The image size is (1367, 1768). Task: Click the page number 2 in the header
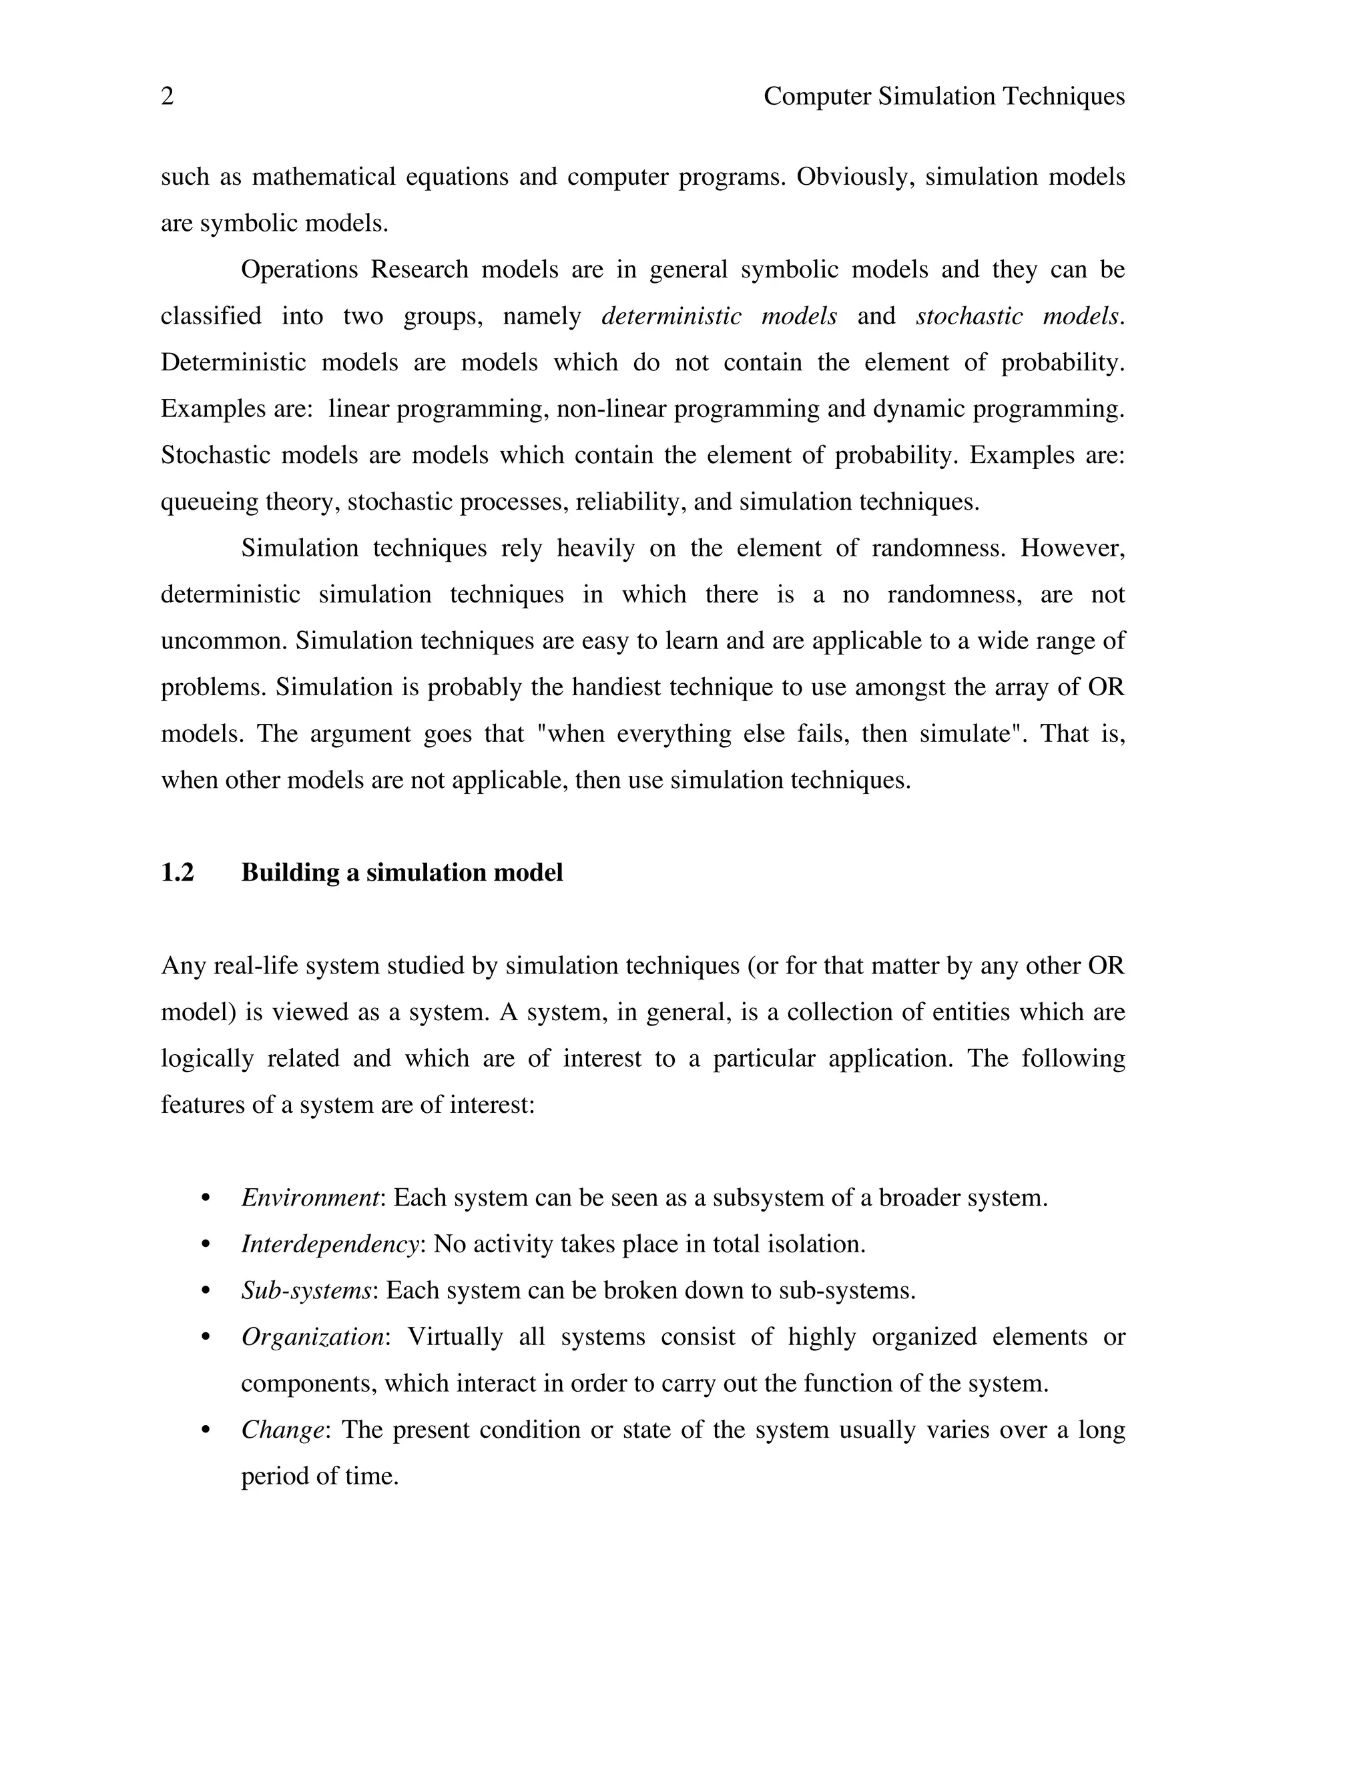point(167,97)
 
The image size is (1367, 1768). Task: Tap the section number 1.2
point(178,873)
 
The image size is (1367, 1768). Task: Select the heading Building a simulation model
point(402,873)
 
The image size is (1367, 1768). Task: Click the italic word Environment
point(310,1198)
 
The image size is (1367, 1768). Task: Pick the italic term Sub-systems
point(306,1290)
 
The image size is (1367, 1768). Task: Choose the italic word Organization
point(312,1336)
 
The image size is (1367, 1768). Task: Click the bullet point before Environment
point(206,1198)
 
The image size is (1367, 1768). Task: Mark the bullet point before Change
point(206,1430)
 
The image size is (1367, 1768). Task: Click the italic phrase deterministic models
point(718,316)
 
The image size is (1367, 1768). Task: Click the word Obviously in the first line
point(855,177)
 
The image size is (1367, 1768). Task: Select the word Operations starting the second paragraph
point(299,270)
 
